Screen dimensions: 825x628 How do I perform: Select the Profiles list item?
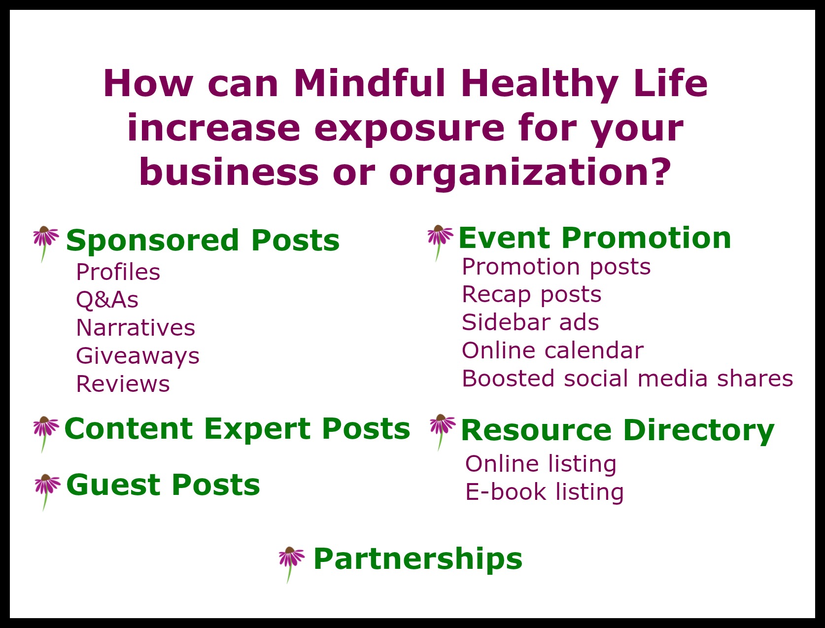click(118, 272)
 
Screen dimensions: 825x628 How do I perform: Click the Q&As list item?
click(107, 300)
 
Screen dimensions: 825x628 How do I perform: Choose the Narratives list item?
click(136, 328)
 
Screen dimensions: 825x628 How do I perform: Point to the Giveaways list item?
click(137, 356)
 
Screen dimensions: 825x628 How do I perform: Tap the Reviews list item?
click(123, 384)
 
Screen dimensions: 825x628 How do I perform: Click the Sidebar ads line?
click(530, 322)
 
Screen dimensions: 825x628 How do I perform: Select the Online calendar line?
click(553, 350)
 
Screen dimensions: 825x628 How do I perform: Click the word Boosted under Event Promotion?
click(508, 378)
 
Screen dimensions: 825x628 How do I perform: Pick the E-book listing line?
click(545, 492)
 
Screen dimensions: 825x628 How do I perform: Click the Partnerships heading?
click(418, 559)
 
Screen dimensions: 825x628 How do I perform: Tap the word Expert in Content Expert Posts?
click(257, 429)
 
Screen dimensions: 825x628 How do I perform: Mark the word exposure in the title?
click(410, 129)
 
